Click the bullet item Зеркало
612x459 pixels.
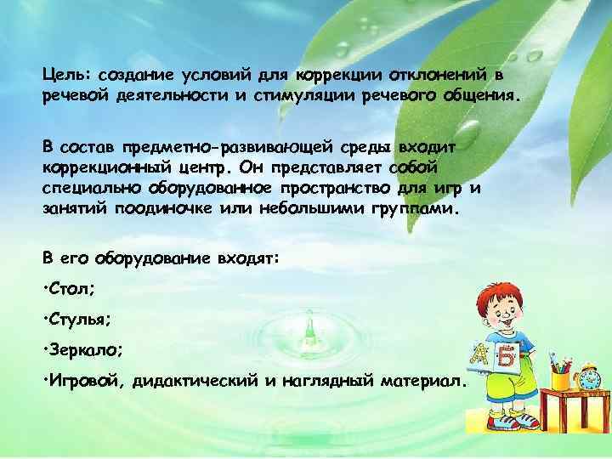[86, 350]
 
